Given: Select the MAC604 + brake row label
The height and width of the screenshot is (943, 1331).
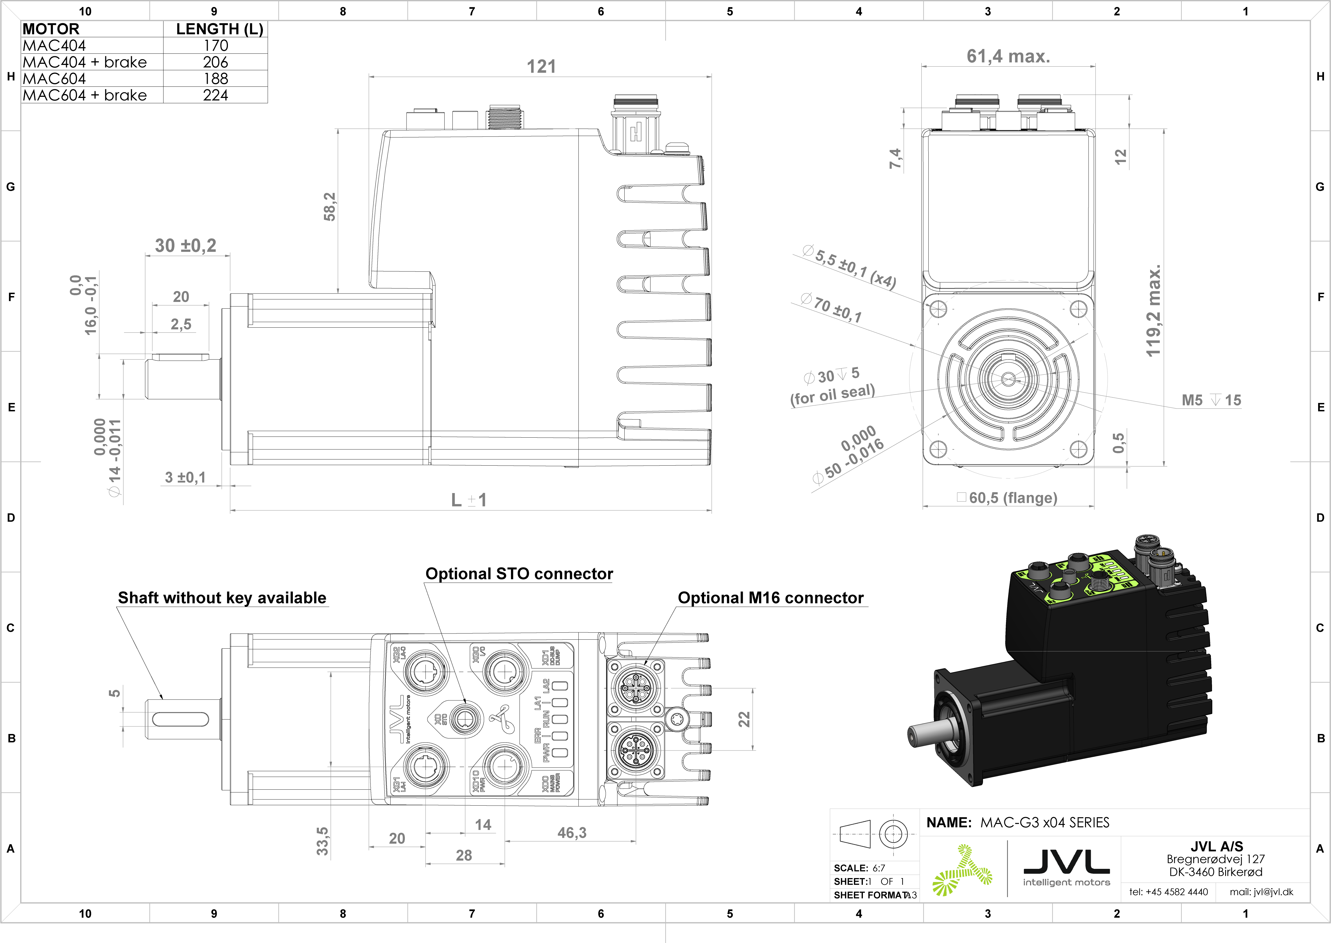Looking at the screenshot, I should (x=85, y=95).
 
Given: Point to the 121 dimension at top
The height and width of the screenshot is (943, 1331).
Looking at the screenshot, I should (x=541, y=67).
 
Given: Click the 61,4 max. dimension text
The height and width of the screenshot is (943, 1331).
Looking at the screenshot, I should (x=1008, y=56).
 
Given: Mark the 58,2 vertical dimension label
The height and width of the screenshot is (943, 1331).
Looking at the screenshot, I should (x=330, y=207).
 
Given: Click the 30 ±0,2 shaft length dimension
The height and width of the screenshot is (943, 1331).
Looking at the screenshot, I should (x=185, y=246).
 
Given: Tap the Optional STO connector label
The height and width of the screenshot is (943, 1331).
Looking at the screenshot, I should (x=519, y=574).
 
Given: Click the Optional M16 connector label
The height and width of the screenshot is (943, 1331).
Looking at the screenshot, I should (x=770, y=598).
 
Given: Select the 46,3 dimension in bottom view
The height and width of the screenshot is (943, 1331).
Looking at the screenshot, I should (x=572, y=833).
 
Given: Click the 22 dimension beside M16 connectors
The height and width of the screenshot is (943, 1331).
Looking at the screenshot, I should (x=744, y=719).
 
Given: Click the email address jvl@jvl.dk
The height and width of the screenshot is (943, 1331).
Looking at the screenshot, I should (x=1261, y=892).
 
